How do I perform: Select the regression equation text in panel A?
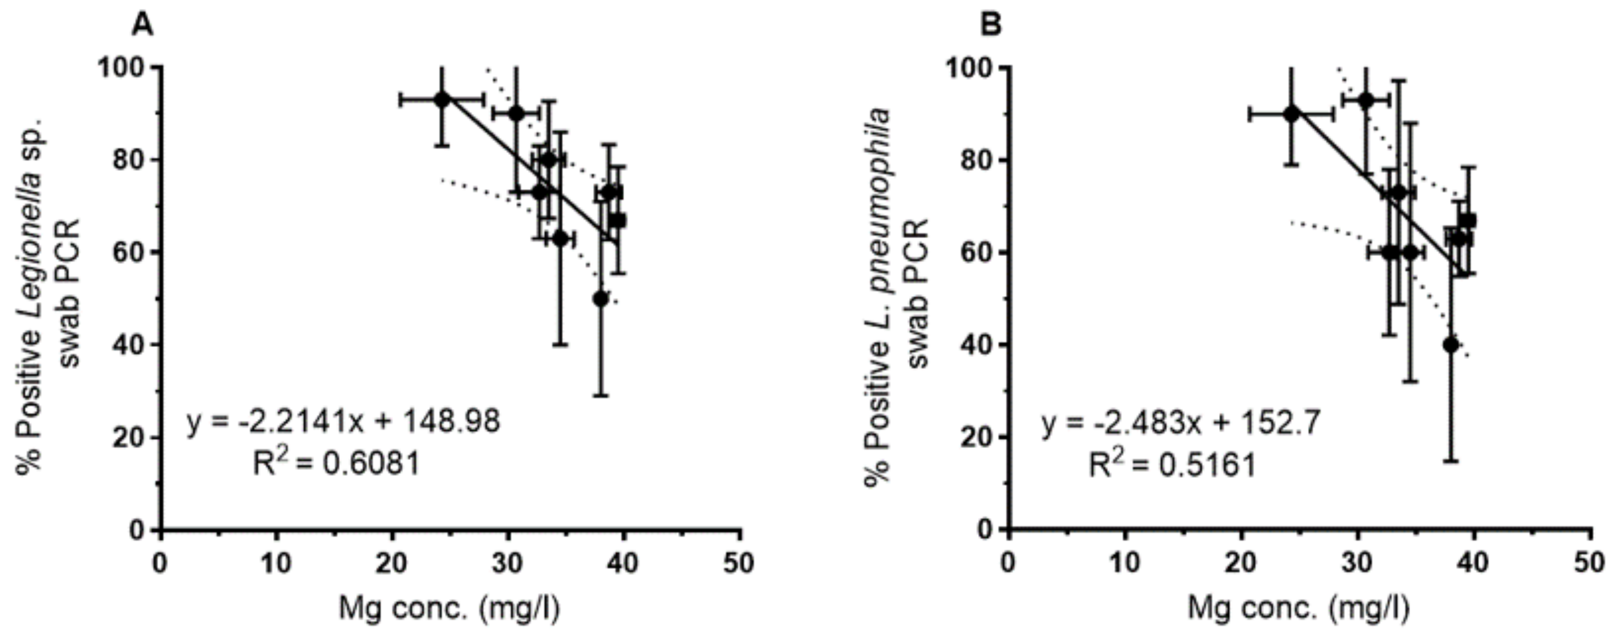click(x=343, y=421)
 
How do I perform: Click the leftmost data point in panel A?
click(x=442, y=99)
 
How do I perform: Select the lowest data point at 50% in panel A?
click(x=601, y=299)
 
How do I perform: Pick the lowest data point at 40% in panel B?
click(x=1450, y=344)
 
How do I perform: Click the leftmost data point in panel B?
click(x=1291, y=114)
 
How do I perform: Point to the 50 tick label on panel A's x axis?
click(x=739, y=563)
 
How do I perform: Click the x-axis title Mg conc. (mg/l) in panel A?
click(x=449, y=608)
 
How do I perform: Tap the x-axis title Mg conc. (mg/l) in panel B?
click(x=1298, y=608)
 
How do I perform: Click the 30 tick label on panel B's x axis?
click(x=1357, y=563)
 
